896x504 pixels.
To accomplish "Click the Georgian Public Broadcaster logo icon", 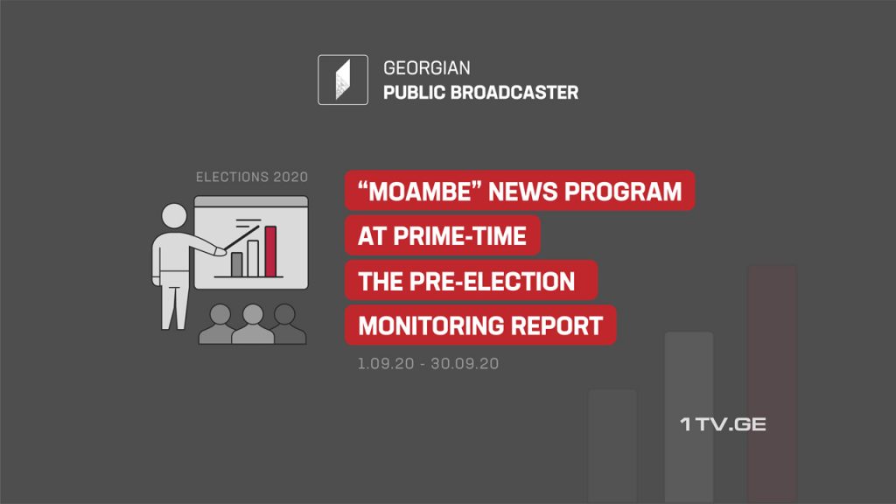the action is (x=343, y=80).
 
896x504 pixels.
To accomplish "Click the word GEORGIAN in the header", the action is (x=427, y=68).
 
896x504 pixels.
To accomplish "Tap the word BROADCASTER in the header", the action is (x=514, y=93).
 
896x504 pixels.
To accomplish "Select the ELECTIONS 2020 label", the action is (x=252, y=177).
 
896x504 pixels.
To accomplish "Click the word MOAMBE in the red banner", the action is (x=421, y=192).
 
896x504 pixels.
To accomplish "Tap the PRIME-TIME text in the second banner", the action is (x=459, y=236).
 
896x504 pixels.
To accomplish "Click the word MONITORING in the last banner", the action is (x=432, y=325).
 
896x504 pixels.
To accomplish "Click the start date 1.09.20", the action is (x=386, y=363).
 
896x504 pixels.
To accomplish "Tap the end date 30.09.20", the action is (x=465, y=363).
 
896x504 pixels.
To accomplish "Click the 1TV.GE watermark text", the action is (x=723, y=424).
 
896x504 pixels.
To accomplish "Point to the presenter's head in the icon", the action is (x=174, y=216).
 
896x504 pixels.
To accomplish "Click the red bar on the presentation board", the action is (x=271, y=251).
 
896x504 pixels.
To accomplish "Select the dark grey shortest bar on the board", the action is (x=236, y=264).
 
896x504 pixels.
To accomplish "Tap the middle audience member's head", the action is (x=253, y=315).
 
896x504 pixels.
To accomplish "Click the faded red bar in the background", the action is (x=772, y=384).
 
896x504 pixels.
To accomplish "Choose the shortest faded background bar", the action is (x=612, y=446).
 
